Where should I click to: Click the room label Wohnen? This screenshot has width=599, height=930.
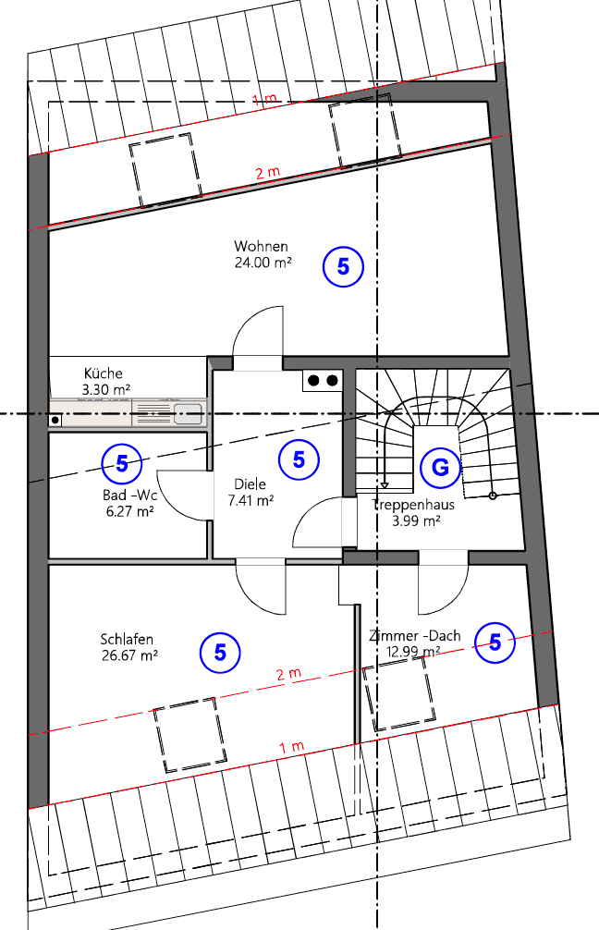262,247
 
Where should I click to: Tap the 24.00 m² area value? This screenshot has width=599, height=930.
263,263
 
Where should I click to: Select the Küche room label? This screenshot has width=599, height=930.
103,373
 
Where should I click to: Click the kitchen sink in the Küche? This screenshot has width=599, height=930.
188,413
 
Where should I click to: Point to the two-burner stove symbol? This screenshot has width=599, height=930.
323,380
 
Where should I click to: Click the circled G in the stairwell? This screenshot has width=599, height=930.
440,468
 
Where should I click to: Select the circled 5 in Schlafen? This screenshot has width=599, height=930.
220,652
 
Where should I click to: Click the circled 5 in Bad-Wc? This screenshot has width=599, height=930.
122,463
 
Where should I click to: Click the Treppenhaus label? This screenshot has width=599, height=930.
413,506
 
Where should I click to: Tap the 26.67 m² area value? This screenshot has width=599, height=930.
129,655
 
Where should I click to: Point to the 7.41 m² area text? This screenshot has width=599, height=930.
251,501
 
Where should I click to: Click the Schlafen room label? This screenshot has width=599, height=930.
127,639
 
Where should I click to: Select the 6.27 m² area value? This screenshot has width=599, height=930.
128,510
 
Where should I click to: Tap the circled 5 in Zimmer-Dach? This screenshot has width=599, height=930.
495,642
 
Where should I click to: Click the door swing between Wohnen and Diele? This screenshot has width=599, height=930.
256,337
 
